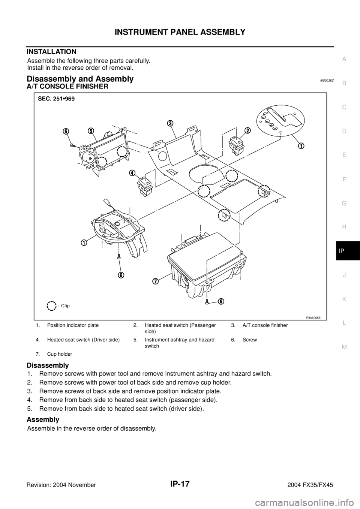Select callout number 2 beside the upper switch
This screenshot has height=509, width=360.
[247, 130]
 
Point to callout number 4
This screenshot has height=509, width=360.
[132, 173]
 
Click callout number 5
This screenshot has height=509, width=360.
[91, 130]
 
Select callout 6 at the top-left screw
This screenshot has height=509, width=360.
[66, 131]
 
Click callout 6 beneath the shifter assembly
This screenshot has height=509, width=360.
[121, 274]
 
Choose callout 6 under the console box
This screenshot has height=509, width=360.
[222, 301]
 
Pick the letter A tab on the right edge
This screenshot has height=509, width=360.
[344, 58]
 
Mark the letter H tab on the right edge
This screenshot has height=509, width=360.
[344, 227]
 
